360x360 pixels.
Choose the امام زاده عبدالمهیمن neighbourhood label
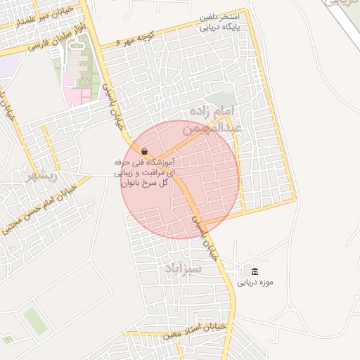tap(214, 120)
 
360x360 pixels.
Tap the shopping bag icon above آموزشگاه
tap(144, 152)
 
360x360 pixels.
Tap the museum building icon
tap(254, 271)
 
